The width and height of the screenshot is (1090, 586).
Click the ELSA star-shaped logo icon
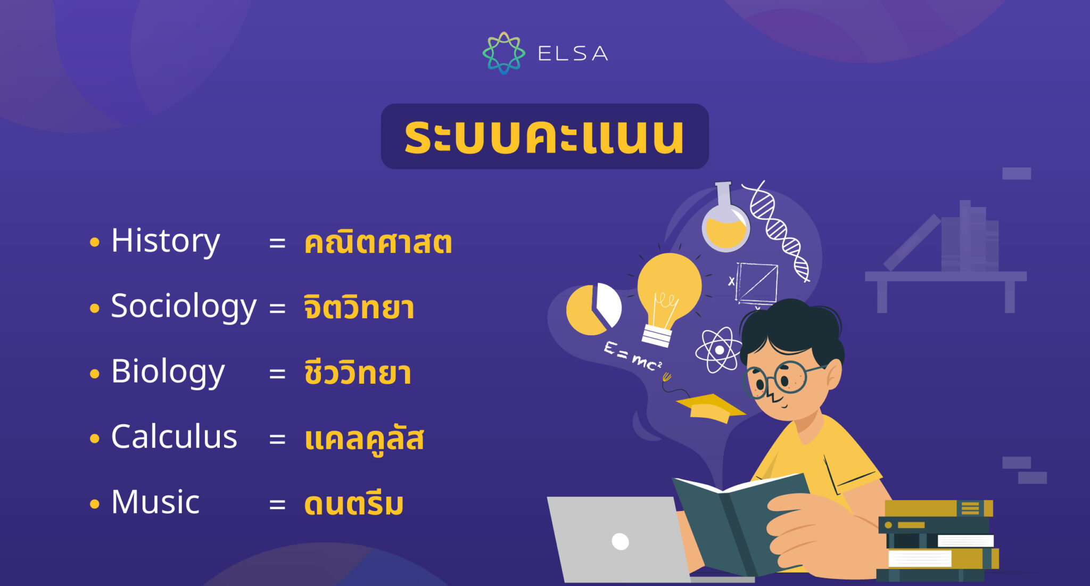[503, 53]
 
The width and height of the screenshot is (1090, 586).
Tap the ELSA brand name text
[573, 54]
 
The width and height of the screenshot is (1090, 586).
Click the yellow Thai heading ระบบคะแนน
[544, 137]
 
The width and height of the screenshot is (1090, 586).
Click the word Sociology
[184, 307]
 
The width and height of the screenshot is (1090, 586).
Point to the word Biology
[168, 372]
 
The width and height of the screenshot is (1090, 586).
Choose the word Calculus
[174, 438]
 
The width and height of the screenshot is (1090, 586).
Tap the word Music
[155, 502]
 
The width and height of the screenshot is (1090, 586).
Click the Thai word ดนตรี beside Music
[354, 504]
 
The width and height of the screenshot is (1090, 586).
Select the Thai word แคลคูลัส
[364, 439]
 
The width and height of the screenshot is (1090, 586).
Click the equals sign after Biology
[277, 374]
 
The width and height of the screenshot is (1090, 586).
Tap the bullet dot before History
[95, 243]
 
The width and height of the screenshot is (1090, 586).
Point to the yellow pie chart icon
[592, 309]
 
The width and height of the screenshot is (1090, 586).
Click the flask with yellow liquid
[725, 224]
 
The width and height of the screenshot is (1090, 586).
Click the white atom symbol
[719, 350]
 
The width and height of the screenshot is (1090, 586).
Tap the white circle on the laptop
[621, 542]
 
